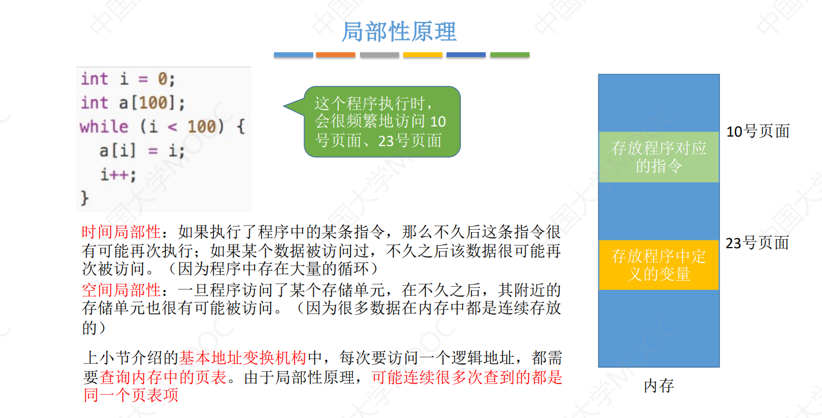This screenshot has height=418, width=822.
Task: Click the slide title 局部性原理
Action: coord(399,31)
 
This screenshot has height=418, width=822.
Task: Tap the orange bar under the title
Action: coord(336,55)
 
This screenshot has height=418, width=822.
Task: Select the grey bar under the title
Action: coord(380,55)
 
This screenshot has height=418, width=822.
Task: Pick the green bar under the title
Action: coord(509,55)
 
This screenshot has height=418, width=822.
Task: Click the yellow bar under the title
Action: coord(423,55)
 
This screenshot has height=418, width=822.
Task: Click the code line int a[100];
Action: coord(133,103)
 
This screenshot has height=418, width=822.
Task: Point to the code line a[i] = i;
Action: coord(142,151)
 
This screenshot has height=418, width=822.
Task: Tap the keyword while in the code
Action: coord(104,127)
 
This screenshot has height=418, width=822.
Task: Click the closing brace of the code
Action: coord(84,198)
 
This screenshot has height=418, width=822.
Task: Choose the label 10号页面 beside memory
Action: coord(758,132)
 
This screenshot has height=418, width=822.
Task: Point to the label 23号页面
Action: coord(757,243)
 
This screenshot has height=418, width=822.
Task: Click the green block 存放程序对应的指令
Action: coord(659,157)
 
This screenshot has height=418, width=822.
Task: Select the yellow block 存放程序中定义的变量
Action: coord(659,265)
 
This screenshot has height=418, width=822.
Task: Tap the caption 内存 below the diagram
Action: coord(659,386)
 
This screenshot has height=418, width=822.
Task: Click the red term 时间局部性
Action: coord(121,232)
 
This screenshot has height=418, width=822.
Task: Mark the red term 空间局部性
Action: coord(121,290)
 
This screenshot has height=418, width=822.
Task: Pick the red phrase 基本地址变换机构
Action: coord(243,358)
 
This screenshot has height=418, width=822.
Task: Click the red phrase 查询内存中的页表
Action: coord(163,377)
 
